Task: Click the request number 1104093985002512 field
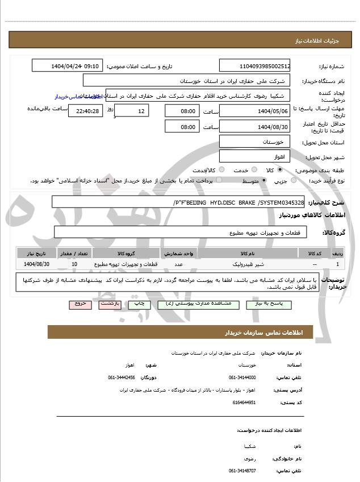[x=254, y=66]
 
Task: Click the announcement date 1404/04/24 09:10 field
[x=68, y=66]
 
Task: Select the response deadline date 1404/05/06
[x=254, y=110]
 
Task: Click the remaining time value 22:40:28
[x=85, y=111]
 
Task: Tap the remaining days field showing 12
[x=132, y=110]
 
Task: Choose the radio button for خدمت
[x=221, y=170]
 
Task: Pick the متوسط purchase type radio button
[x=262, y=181]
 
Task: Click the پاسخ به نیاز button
[x=269, y=305]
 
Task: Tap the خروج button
[x=80, y=305]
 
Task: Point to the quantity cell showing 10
[x=75, y=265]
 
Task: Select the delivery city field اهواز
[x=254, y=156]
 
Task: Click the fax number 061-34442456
[x=122, y=377]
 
